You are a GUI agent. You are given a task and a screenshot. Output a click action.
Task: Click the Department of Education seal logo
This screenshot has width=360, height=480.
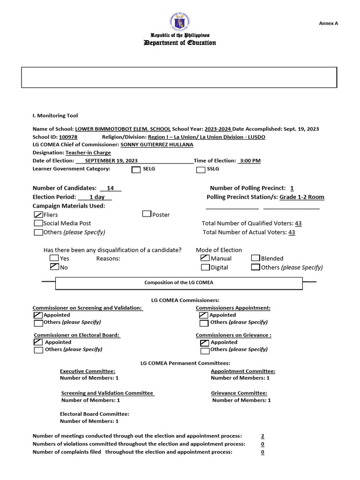pos(180,22)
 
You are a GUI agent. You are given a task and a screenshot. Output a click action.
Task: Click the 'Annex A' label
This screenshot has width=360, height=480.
pos(328,23)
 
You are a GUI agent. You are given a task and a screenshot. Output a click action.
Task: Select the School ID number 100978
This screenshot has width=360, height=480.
pos(68,137)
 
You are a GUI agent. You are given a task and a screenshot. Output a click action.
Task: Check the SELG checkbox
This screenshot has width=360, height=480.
pos(136,170)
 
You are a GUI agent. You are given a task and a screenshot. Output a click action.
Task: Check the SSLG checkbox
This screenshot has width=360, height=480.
pos(200,170)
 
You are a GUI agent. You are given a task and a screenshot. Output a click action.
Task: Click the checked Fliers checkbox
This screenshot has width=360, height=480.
pos(38,214)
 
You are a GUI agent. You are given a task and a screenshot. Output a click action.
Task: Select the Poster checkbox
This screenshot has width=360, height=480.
pos(147,214)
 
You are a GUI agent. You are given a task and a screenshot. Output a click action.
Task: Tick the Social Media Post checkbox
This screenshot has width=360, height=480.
pos(38,224)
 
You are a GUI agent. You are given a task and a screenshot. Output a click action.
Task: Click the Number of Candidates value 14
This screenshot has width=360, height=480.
pos(111,188)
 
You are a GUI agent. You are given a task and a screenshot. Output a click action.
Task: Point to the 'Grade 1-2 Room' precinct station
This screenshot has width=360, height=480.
pos(302,197)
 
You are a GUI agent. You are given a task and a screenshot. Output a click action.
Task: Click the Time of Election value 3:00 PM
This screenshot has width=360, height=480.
pos(249,161)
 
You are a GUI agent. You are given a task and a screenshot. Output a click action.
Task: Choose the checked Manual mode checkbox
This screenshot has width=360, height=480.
pos(205,258)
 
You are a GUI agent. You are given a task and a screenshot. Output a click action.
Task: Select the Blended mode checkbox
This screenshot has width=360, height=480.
pos(255,258)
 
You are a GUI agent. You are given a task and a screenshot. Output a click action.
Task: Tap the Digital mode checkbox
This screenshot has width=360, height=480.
pos(205,267)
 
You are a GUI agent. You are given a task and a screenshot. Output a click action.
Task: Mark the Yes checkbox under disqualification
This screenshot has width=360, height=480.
pos(54,258)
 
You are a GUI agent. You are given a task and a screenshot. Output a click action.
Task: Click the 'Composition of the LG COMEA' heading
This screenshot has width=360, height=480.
pos(179,283)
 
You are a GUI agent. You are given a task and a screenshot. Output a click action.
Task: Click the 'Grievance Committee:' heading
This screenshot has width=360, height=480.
pos(239,393)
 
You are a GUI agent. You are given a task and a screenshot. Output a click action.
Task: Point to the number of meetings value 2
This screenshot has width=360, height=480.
pos(262,436)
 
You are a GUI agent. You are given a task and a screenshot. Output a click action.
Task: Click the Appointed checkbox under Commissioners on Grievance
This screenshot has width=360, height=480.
pos(204,343)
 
